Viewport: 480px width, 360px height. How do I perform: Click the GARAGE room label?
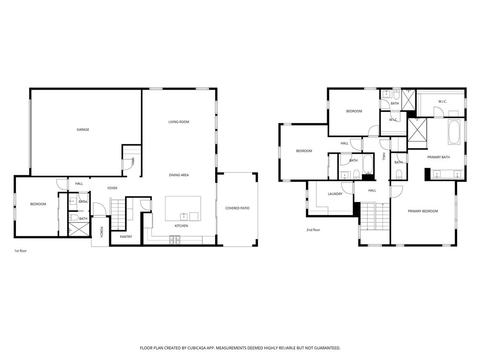[x=83, y=130]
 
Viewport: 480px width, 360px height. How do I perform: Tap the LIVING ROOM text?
[x=179, y=122]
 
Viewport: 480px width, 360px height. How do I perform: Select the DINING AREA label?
[x=179, y=175]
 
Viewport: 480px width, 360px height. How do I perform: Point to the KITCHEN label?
[x=181, y=226]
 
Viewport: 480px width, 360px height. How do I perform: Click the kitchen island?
[x=183, y=208]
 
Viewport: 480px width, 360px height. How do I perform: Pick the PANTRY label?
[x=126, y=237]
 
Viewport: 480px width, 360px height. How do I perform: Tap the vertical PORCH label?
[x=101, y=232]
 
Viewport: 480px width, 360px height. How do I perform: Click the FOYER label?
[x=112, y=188]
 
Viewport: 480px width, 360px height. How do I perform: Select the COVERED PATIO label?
[x=237, y=208]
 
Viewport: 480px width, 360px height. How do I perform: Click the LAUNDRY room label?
[x=335, y=194]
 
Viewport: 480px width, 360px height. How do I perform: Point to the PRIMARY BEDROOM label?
[x=423, y=211]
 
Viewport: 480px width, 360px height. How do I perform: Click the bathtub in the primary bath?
[x=454, y=133]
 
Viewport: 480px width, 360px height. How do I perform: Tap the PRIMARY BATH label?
[x=438, y=157]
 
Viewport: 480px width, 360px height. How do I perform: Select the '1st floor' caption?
[x=21, y=251]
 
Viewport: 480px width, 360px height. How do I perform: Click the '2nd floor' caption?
[x=313, y=230]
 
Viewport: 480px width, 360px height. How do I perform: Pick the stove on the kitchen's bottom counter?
[x=175, y=240]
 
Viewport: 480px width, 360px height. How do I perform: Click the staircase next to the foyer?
[x=118, y=212]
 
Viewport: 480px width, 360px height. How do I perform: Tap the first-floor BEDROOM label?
[x=38, y=204]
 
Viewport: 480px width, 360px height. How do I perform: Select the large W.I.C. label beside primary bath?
[x=442, y=102]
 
